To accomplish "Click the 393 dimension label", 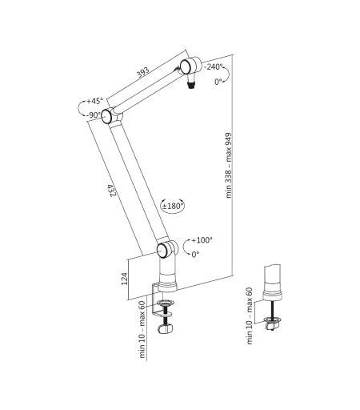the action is pyautogui.click(x=142, y=72).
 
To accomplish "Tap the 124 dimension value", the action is pyautogui.click(x=124, y=279).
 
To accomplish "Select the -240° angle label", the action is pyautogui.click(x=214, y=66).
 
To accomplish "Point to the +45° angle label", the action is pyautogui.click(x=94, y=101).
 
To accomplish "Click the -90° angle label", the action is pyautogui.click(x=94, y=115).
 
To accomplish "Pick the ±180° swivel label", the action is pyautogui.click(x=173, y=206).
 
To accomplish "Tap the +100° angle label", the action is pyautogui.click(x=202, y=240).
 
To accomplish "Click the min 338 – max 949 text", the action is pyautogui.click(x=229, y=166).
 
